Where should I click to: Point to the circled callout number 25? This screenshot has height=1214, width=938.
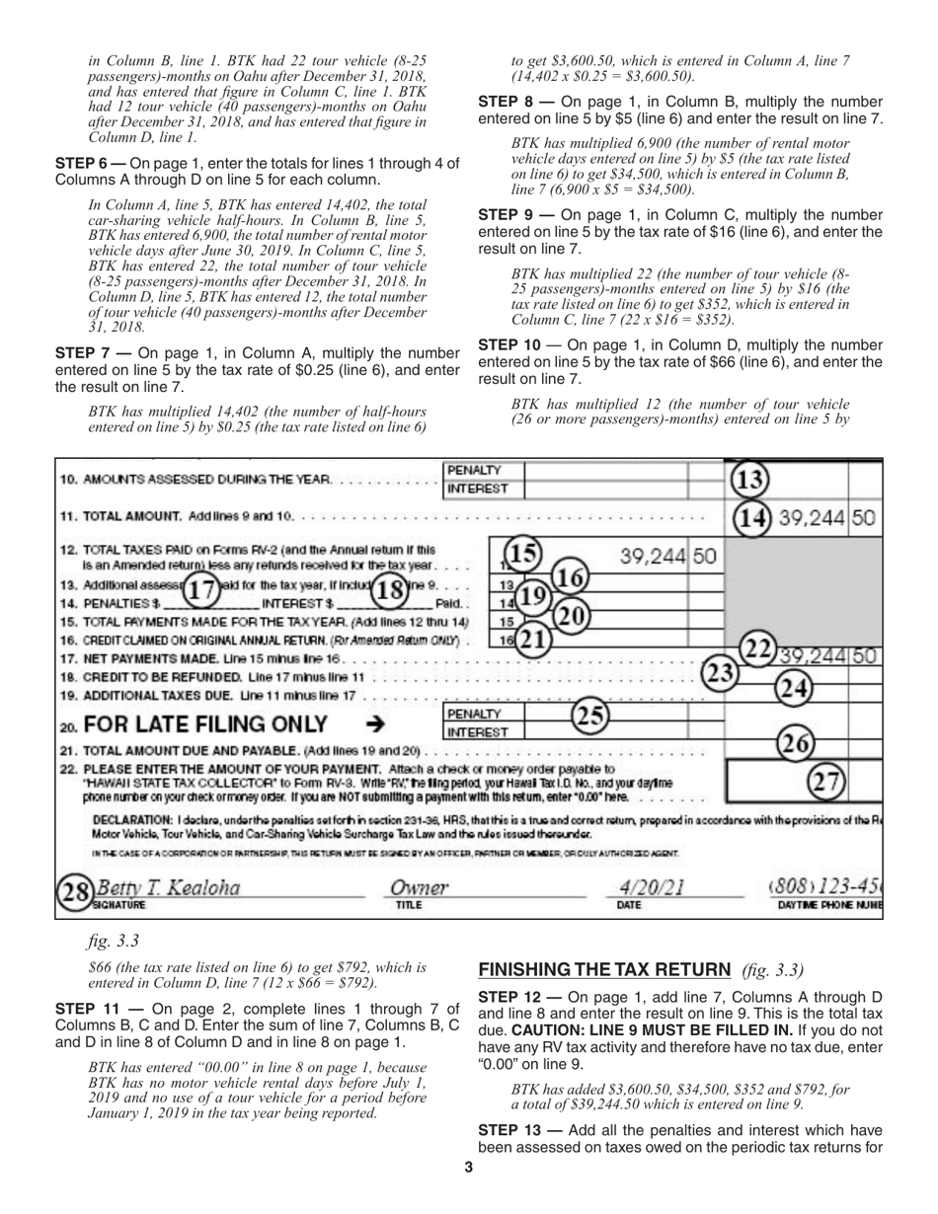point(590,714)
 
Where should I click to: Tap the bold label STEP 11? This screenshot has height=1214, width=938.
point(89,1009)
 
